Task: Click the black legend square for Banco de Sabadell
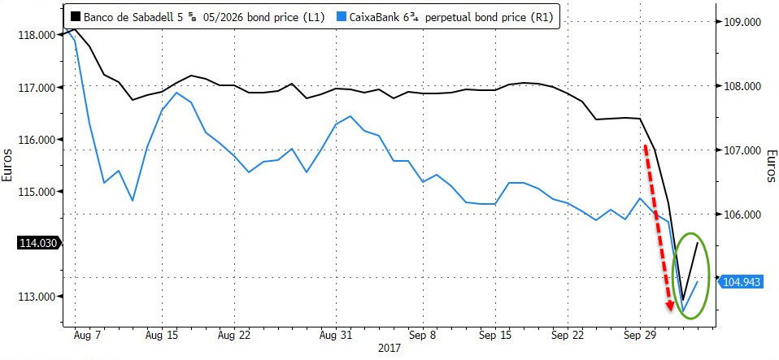tap(74, 15)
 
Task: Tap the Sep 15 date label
tap(494, 334)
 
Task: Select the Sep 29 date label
tap(639, 334)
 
